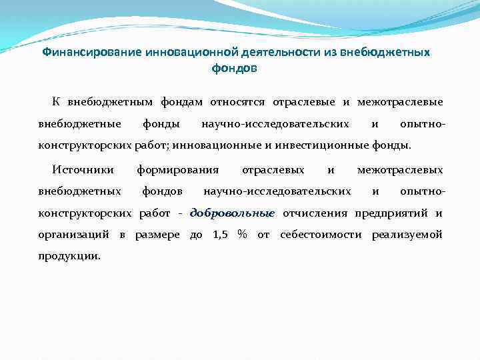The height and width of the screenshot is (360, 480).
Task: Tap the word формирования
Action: tap(177, 170)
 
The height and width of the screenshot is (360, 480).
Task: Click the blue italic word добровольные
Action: tap(232, 213)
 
